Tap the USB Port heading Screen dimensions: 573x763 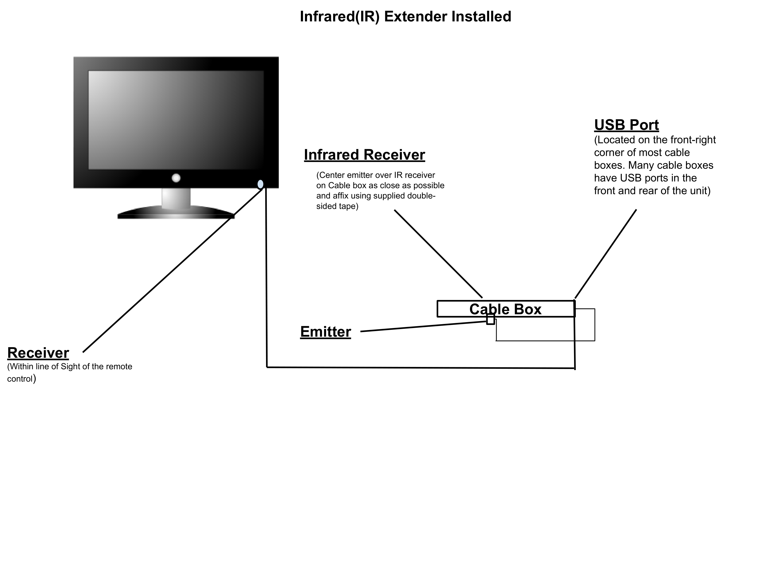click(626, 125)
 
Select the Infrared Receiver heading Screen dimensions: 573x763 click(364, 155)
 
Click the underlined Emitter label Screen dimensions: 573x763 click(325, 332)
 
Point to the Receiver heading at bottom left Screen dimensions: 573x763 click(38, 353)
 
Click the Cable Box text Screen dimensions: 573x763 click(505, 309)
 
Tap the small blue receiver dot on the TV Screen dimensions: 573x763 click(260, 184)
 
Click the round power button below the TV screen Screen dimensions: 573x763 click(176, 178)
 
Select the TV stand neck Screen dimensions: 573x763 click(176, 198)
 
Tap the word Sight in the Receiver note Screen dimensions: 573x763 click(71, 366)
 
